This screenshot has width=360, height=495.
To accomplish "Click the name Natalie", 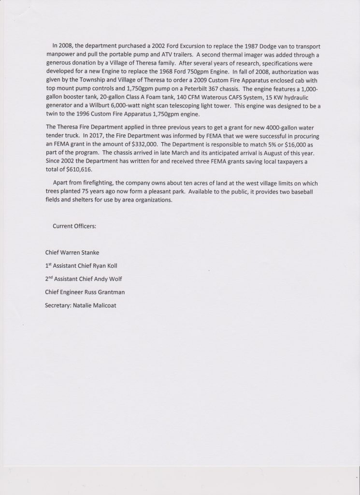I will (87, 306).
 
